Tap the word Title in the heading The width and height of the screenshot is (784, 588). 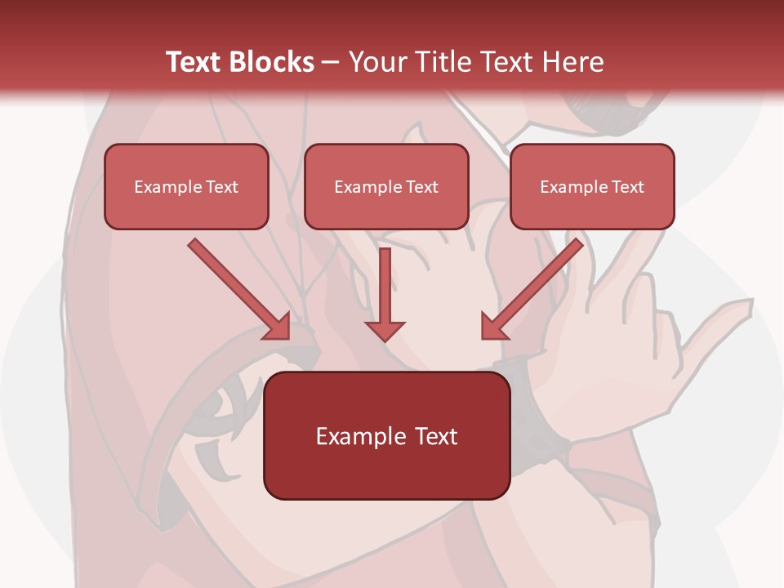(x=442, y=62)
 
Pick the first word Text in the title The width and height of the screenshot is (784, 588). (x=195, y=62)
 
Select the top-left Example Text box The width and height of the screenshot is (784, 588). (x=186, y=186)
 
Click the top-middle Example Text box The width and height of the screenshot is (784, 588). (x=386, y=186)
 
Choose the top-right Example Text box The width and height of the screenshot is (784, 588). (x=592, y=186)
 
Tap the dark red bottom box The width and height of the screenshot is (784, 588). (x=386, y=435)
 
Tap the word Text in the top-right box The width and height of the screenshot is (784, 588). (x=627, y=187)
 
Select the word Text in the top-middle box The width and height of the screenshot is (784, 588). (x=421, y=187)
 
